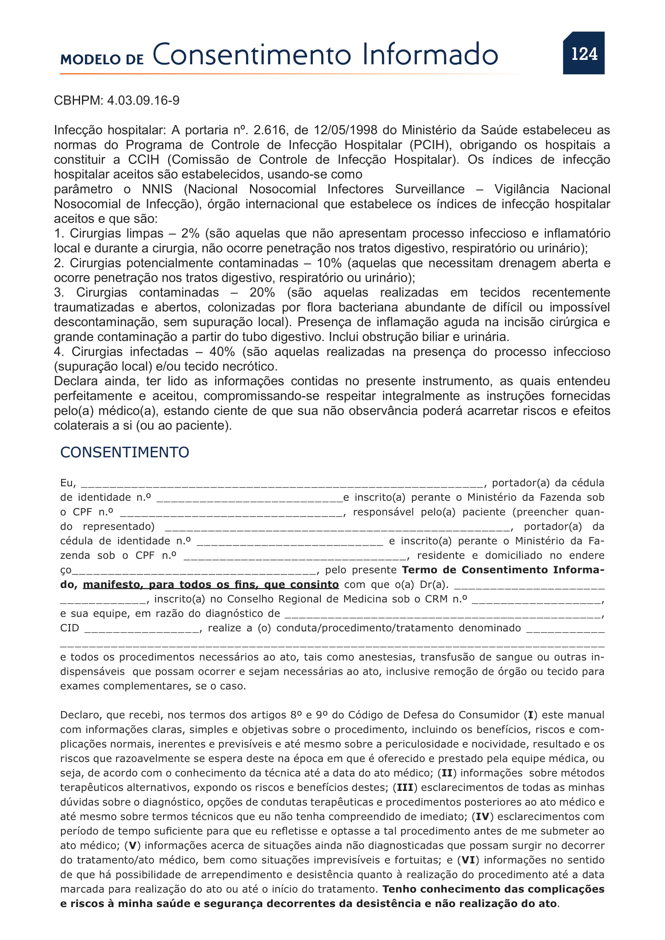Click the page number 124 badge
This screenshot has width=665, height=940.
[x=583, y=53]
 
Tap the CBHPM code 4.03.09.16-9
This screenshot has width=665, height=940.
[x=143, y=101]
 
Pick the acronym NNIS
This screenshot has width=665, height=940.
[x=157, y=189]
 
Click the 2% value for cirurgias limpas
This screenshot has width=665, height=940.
[x=190, y=233]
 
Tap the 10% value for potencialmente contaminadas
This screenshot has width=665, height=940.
[x=329, y=263]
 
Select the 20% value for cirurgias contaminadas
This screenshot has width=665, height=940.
[x=262, y=292]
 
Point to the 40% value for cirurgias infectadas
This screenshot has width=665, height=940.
[x=222, y=352]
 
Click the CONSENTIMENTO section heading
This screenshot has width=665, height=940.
[x=125, y=453]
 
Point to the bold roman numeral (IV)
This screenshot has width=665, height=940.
[x=482, y=817]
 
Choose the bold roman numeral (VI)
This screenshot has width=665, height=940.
[x=468, y=860]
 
